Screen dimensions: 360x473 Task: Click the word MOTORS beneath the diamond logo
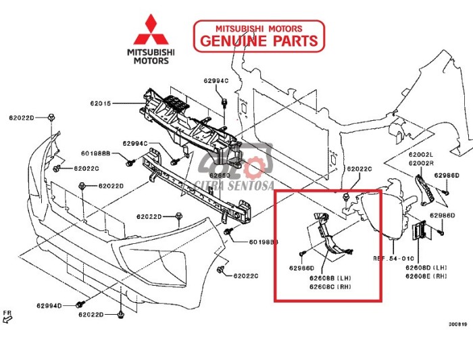[x=153, y=61]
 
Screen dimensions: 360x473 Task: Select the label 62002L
[x=420, y=155]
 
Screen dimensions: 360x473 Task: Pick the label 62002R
[x=420, y=163]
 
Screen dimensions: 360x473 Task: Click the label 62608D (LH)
[x=430, y=267]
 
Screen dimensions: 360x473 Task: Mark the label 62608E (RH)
[x=430, y=276]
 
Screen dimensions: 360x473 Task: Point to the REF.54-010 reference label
[x=393, y=259]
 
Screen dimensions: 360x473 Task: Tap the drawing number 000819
[x=457, y=324]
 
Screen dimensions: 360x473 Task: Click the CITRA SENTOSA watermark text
[x=232, y=184]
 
